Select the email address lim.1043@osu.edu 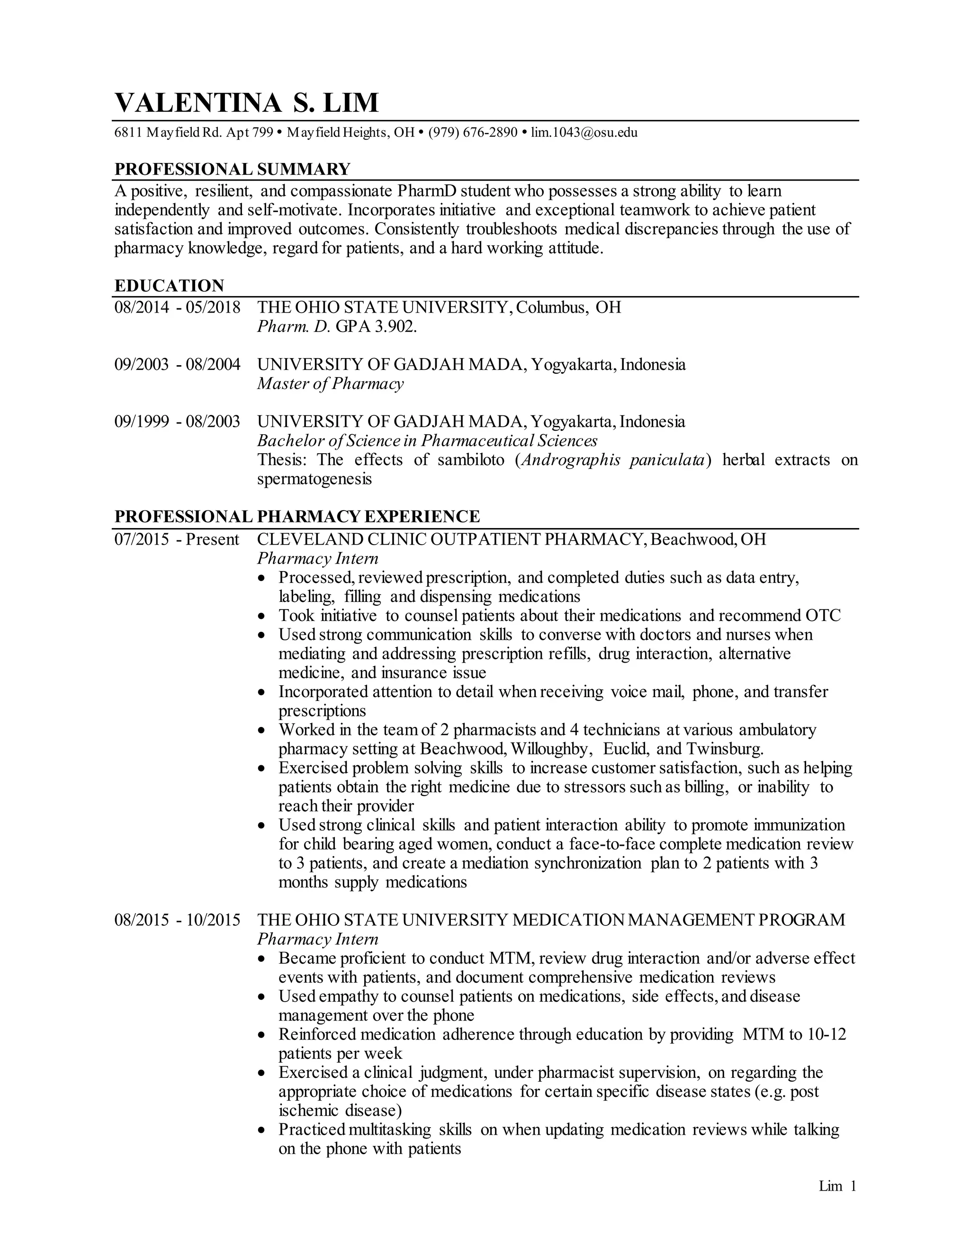point(584,133)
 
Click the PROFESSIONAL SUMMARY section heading point(232,169)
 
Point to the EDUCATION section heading point(169,286)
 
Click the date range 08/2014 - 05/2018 point(177,307)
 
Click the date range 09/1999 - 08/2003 point(177,422)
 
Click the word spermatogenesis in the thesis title point(314,479)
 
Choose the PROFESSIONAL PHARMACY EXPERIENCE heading point(297,517)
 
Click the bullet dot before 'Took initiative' point(262,617)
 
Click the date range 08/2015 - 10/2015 point(177,920)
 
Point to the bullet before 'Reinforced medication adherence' point(262,1035)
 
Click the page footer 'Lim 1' point(837,1186)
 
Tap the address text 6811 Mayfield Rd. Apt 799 point(194,133)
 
